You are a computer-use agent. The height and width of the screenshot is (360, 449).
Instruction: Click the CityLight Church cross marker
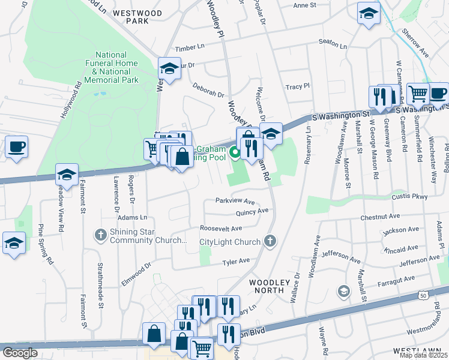pos(271,241)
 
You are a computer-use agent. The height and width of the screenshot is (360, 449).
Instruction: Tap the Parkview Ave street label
pos(236,202)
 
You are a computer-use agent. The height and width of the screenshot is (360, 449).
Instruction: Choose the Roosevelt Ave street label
pos(221,229)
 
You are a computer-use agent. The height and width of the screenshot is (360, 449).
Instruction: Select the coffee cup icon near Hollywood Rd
pos(16,146)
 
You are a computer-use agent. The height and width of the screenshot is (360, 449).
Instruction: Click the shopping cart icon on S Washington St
pos(418,93)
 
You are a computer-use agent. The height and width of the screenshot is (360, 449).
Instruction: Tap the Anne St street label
pos(304,5)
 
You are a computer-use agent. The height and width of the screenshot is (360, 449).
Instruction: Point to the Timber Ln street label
pos(189,47)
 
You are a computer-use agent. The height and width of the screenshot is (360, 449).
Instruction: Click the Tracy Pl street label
pos(297,86)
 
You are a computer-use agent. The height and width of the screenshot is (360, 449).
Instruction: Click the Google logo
pos(20,353)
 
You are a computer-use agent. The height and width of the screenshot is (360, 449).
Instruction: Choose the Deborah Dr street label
pos(208,90)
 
